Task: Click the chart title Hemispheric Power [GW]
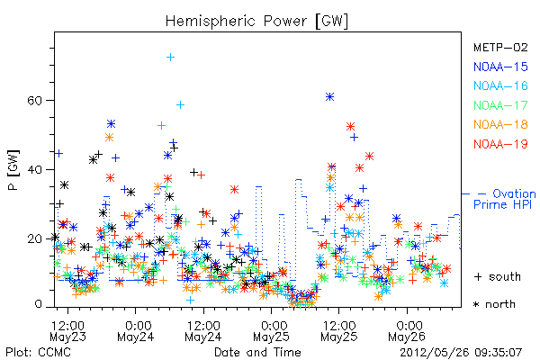(256, 21)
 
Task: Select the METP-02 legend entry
(500, 47)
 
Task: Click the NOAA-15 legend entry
(500, 67)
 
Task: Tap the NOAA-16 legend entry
(500, 85)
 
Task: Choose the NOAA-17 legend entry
(500, 105)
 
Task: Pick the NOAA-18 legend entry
(500, 124)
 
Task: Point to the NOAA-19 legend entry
(500, 144)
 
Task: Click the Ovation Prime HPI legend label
(504, 199)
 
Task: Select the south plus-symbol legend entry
(498, 276)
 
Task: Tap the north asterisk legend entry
(494, 304)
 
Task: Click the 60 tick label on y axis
(34, 101)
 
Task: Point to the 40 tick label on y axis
(34, 170)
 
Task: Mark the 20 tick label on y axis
(34, 238)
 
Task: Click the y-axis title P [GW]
(13, 170)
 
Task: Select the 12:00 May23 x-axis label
(67, 330)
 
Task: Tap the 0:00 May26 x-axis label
(407, 330)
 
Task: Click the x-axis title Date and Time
(257, 352)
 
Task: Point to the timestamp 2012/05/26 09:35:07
(461, 353)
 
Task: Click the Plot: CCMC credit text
(38, 352)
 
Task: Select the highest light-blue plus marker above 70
(170, 58)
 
